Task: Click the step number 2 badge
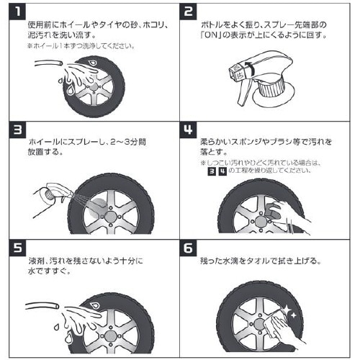pyautogui.click(x=189, y=12)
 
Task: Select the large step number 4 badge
pyautogui.click(x=189, y=132)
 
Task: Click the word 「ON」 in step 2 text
pyautogui.click(x=215, y=35)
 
